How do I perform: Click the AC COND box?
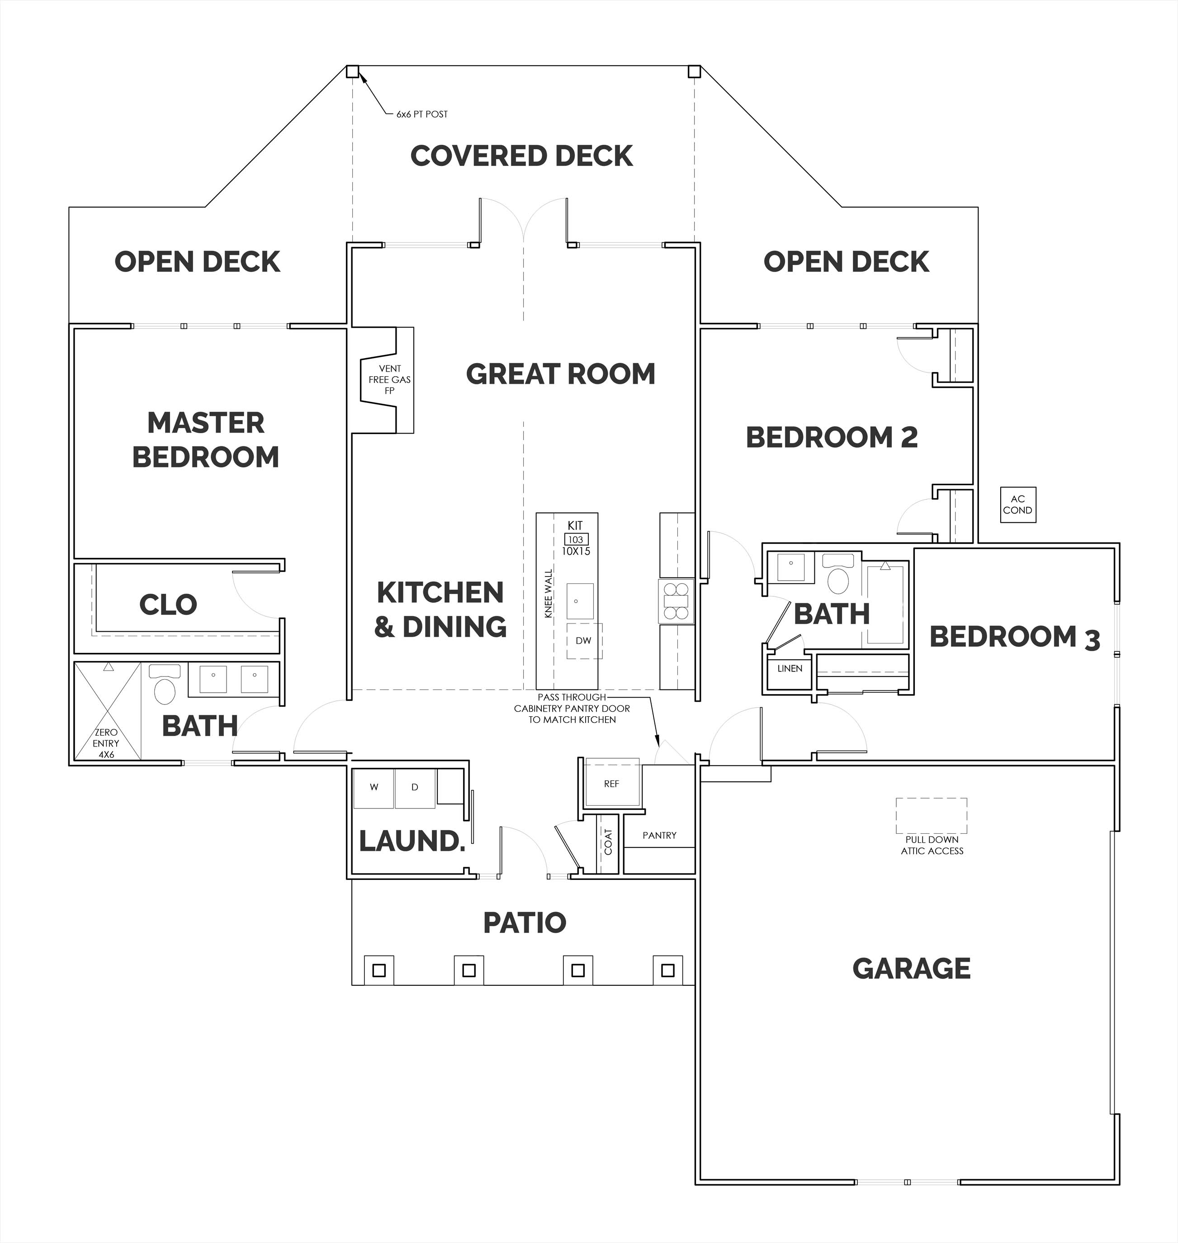pos(1018,505)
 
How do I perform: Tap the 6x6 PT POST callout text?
pos(422,114)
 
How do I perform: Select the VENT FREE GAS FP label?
pos(389,379)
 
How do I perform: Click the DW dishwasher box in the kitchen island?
pos(584,641)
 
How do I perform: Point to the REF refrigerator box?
pos(611,784)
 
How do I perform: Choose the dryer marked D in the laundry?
pos(414,788)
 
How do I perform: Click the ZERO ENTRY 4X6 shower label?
pos(106,743)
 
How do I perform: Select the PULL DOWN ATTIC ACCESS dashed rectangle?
pos(931,816)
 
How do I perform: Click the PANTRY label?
pos(659,836)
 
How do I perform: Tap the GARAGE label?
pos(911,969)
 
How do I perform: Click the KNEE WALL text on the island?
pos(548,594)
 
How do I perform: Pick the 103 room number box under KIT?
pos(576,539)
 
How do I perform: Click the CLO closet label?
pos(168,605)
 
